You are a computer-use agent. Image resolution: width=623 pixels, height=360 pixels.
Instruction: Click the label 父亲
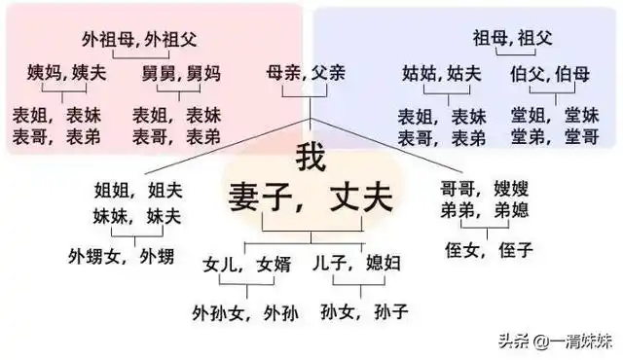327,72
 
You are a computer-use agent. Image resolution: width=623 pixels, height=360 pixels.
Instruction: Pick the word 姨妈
45,72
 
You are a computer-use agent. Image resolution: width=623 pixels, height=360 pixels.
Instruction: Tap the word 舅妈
203,72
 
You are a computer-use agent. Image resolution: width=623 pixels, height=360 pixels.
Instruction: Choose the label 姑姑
421,72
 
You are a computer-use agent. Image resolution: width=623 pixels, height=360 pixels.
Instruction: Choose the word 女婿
275,265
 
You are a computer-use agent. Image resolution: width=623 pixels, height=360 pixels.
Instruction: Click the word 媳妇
383,265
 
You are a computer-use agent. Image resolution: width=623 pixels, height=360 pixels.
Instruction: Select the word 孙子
389,311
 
